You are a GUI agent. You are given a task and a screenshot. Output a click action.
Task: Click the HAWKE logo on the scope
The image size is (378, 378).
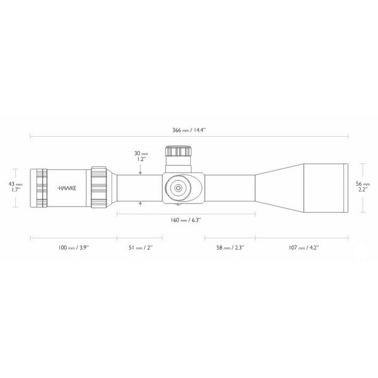(66, 188)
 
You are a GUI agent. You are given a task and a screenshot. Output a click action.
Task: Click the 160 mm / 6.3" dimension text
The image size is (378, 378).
(186, 220)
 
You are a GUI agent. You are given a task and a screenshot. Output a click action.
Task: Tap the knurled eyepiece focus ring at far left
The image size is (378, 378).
(41, 188)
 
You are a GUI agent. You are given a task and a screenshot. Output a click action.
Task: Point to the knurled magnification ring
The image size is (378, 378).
(100, 187)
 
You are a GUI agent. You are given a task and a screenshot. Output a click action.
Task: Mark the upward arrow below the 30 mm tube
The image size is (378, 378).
(140, 203)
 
